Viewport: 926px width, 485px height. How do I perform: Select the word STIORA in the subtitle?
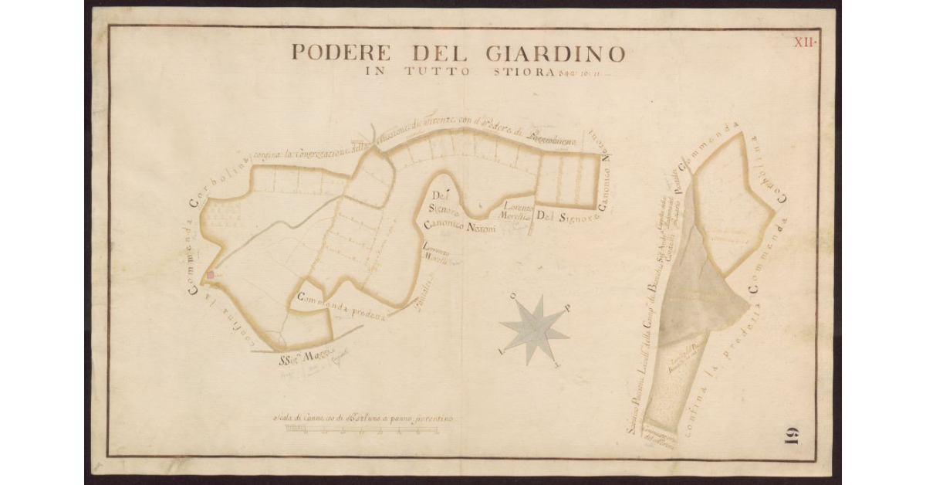pos(524,73)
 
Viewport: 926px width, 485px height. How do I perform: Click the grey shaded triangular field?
pos(698,293)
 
